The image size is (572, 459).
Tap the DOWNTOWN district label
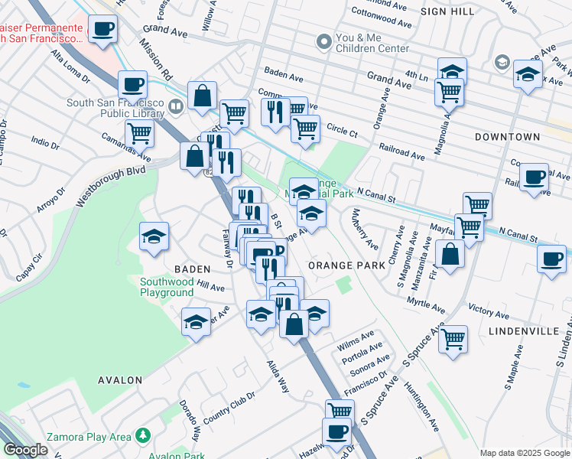tap(507, 137)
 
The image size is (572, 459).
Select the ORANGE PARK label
tap(345, 265)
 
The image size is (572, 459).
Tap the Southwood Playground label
tap(166, 286)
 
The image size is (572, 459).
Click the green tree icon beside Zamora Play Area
tap(142, 436)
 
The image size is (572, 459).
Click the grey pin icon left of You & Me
tap(324, 40)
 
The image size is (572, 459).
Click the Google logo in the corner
tap(25, 450)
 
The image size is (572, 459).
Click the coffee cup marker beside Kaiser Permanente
tap(104, 31)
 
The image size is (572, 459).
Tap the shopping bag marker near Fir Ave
tap(450, 255)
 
